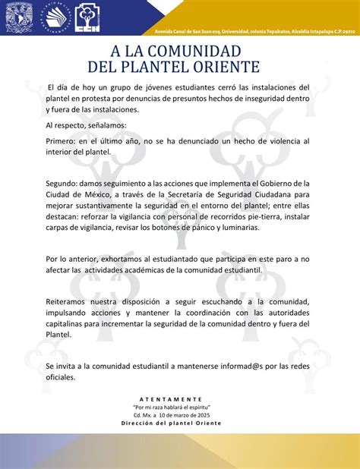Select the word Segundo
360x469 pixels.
64,183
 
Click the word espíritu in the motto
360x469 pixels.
195,408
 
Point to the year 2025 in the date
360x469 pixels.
201,415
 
